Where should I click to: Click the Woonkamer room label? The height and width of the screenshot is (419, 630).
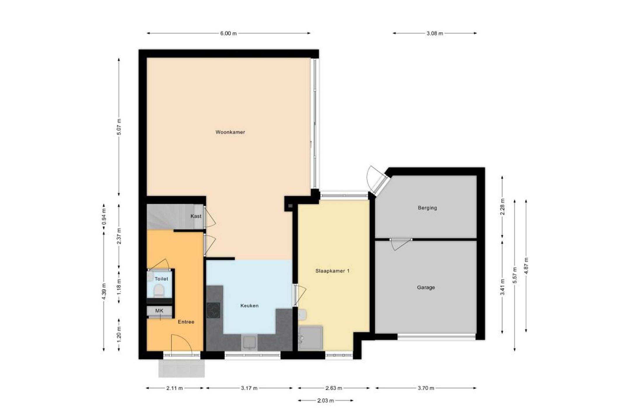(x=230, y=132)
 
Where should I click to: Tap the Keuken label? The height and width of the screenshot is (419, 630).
(x=249, y=306)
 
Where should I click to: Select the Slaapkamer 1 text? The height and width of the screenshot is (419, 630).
(x=332, y=271)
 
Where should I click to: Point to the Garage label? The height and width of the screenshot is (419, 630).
(x=426, y=288)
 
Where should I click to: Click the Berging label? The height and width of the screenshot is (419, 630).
(x=427, y=208)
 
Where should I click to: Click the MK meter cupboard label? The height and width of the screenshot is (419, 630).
(x=159, y=311)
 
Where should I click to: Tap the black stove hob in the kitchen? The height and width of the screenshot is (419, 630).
(x=213, y=311)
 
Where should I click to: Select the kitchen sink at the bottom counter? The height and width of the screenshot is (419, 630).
(x=249, y=343)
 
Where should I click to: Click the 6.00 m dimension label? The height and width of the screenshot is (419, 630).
(x=228, y=33)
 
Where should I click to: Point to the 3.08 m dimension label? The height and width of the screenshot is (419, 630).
(x=435, y=33)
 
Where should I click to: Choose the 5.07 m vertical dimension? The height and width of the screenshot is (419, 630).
(x=119, y=127)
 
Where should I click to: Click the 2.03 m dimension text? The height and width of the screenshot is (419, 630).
(x=325, y=401)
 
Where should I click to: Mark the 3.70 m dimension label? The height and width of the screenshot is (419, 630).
(x=426, y=388)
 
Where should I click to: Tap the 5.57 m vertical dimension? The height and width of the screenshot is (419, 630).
(x=514, y=275)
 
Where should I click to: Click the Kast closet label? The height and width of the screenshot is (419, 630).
(x=196, y=216)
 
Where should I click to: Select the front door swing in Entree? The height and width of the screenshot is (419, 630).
(x=181, y=345)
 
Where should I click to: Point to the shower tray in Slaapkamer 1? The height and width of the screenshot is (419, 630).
(x=311, y=338)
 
